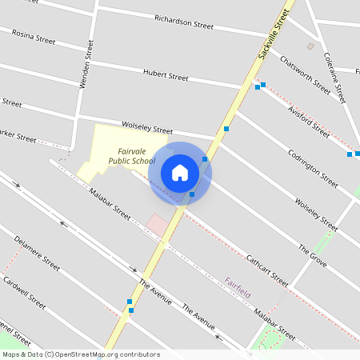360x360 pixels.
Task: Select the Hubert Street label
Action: [x=166, y=76]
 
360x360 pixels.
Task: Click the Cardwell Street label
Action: [x=24, y=292]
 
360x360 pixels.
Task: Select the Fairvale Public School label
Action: [x=131, y=156]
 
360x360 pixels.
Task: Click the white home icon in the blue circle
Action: [x=180, y=173]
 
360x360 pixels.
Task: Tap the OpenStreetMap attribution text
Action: [x=81, y=354]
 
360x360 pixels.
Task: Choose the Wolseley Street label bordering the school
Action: [x=147, y=128]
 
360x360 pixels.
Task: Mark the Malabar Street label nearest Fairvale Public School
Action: [x=110, y=203]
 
